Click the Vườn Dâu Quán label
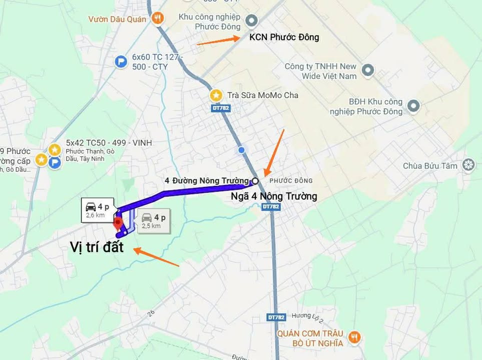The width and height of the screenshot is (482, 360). pyautogui.click(x=117, y=19)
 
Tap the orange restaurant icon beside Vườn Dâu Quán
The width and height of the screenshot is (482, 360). pyautogui.click(x=158, y=18)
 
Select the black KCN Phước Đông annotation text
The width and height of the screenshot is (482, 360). pyautogui.click(x=284, y=37)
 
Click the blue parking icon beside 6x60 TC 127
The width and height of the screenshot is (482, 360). pyautogui.click(x=121, y=61)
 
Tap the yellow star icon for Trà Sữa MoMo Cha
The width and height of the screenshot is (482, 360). pyautogui.click(x=216, y=94)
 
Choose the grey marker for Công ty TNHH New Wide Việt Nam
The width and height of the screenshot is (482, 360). pyautogui.click(x=368, y=70)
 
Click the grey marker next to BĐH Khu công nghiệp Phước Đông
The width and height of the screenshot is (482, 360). pyautogui.click(x=413, y=105)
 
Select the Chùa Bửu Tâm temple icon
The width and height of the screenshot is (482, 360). pyautogui.click(x=468, y=165)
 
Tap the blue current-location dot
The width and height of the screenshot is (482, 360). pyautogui.click(x=242, y=150)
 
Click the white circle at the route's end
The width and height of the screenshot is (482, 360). pyautogui.click(x=255, y=180)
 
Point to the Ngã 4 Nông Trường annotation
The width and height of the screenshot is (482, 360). pyautogui.click(x=274, y=196)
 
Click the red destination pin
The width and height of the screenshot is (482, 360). pyautogui.click(x=118, y=223)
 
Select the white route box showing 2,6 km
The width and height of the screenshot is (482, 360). pyautogui.click(x=98, y=210)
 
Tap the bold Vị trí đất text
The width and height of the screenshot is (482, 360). pyautogui.click(x=97, y=247)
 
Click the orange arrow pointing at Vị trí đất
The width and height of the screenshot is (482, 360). pyautogui.click(x=156, y=257)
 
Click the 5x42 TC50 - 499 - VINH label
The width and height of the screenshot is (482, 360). pyautogui.click(x=109, y=143)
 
